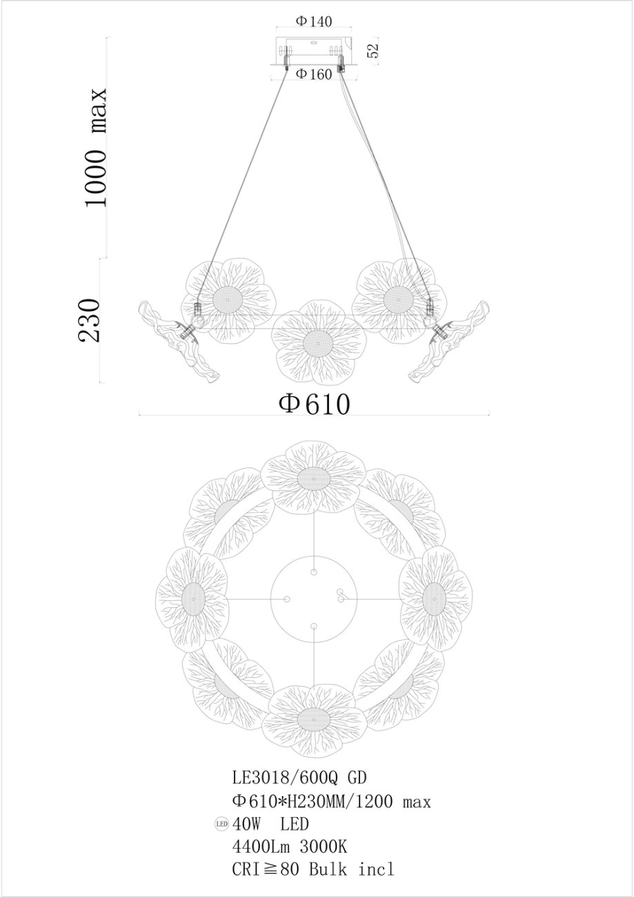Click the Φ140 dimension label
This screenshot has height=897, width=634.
[314, 21]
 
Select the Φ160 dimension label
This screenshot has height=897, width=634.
[314, 74]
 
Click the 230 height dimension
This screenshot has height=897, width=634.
[88, 320]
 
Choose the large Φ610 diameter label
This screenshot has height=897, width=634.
[314, 404]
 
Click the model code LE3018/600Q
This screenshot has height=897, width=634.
[285, 778]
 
